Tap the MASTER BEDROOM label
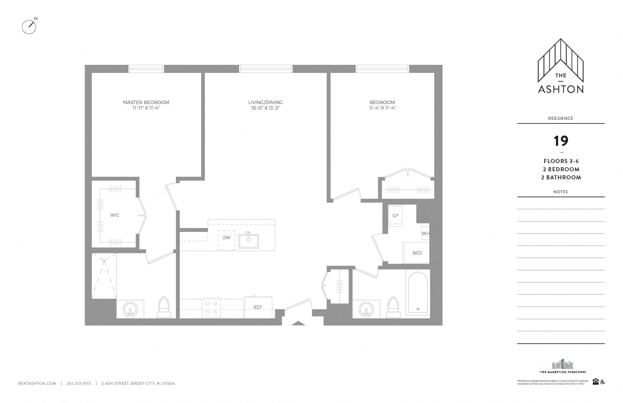(x=146, y=102)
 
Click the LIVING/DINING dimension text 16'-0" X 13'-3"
(x=265, y=108)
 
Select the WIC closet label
(x=115, y=215)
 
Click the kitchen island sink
(x=248, y=241)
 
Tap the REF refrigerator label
(x=258, y=307)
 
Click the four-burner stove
(x=211, y=308)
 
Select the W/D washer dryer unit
(x=417, y=253)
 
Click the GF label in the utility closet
(x=395, y=216)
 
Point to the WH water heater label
(x=425, y=233)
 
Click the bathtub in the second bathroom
(x=418, y=293)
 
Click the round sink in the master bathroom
(x=130, y=309)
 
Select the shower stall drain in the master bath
(x=104, y=261)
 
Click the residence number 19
(x=561, y=141)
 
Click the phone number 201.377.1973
(x=79, y=383)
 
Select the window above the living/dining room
(x=266, y=69)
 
